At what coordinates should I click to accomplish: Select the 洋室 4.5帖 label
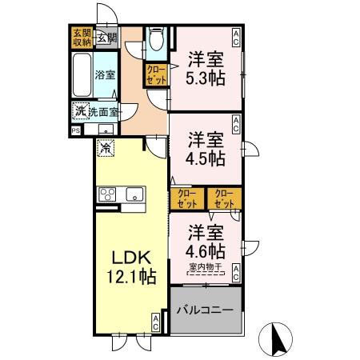[205, 148]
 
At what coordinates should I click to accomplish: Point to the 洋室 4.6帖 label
[205, 241]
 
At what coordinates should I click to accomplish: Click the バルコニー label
[205, 309]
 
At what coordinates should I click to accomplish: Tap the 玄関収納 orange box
[82, 38]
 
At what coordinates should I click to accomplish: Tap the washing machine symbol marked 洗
[80, 111]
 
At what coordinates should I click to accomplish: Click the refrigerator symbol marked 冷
[106, 148]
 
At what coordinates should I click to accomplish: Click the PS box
[76, 129]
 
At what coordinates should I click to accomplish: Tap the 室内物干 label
[205, 266]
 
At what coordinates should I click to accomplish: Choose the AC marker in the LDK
[155, 322]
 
